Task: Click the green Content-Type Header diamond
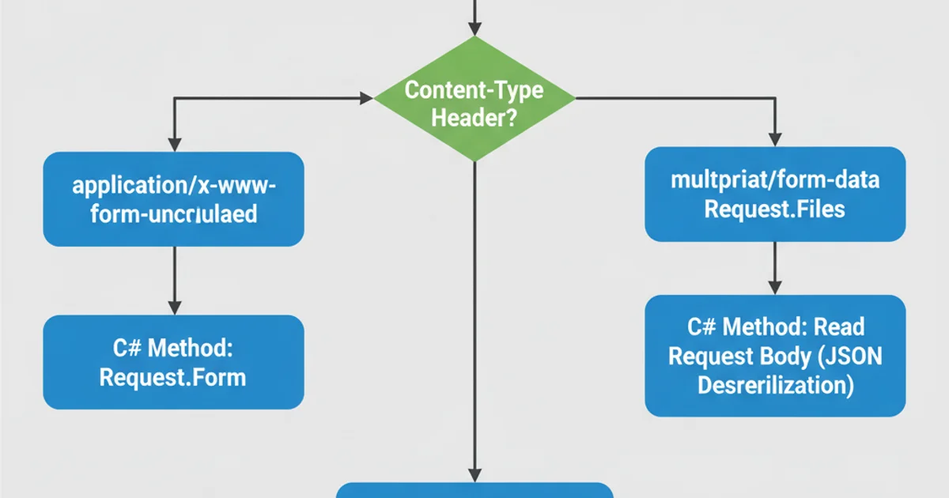click(475, 99)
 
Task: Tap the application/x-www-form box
click(173, 199)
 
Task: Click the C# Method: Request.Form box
click(173, 362)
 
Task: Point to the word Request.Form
click(173, 377)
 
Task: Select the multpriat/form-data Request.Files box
click(775, 194)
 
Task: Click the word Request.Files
click(775, 209)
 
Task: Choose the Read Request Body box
click(775, 356)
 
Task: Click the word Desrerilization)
click(775, 386)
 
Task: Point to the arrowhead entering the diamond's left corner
click(366, 98)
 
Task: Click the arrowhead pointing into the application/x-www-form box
click(174, 145)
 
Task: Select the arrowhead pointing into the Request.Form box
click(174, 307)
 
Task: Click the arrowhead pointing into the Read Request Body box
click(775, 288)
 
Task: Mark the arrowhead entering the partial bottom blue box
click(475, 475)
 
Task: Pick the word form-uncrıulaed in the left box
click(173, 214)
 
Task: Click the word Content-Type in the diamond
click(475, 89)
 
